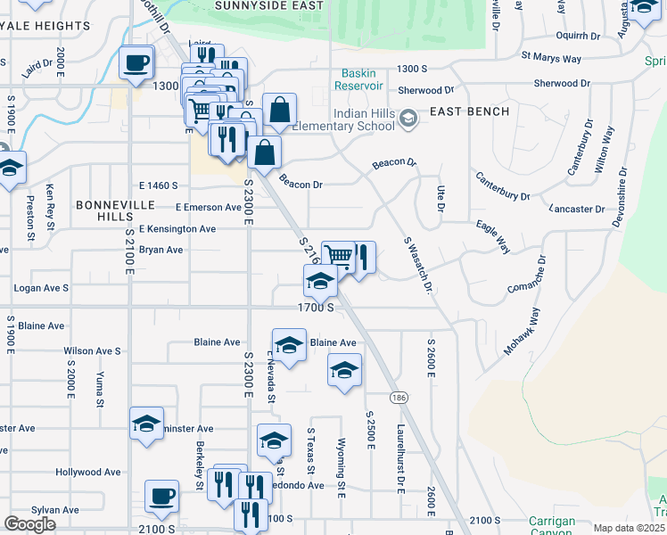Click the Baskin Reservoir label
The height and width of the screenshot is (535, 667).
coord(358,79)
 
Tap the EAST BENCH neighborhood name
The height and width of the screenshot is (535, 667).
coord(469,111)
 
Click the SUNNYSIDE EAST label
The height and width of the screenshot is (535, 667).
coord(256,4)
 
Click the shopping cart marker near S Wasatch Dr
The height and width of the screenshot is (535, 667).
coord(339,256)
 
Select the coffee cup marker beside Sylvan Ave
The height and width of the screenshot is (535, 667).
coord(161,497)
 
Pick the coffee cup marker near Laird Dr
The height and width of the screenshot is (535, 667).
coord(136,63)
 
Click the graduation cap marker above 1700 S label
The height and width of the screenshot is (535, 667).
coord(320,282)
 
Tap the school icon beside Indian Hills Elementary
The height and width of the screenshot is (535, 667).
coord(408,118)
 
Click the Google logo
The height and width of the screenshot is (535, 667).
coord(29,524)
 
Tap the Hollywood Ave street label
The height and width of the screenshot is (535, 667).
coord(87,472)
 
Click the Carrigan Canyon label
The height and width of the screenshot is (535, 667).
coord(550,525)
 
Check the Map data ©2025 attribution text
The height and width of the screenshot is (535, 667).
coord(629,528)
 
